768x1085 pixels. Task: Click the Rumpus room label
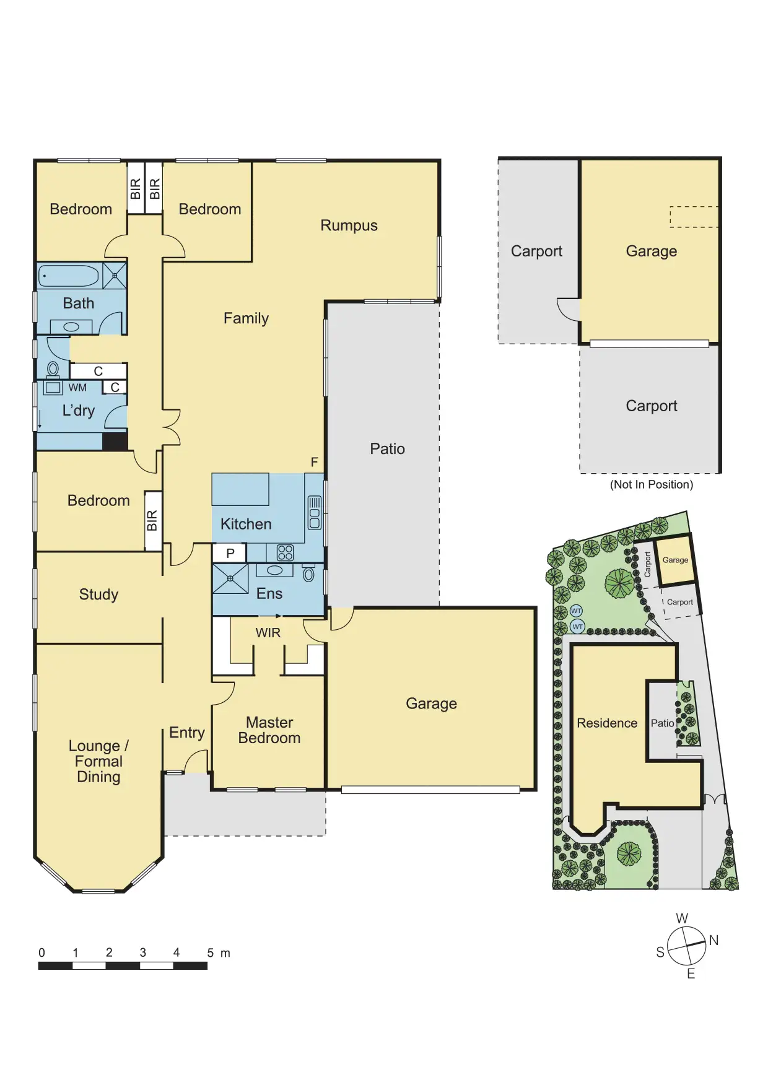pos(349,226)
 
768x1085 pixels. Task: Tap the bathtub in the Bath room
pos(69,276)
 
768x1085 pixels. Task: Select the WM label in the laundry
pos(77,388)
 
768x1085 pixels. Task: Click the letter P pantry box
pos(230,554)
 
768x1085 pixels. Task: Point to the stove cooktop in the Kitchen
pos(285,552)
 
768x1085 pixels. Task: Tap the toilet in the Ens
pos(308,573)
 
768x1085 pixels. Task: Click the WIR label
pos(268,633)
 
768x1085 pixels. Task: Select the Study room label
pos(98,595)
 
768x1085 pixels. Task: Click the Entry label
pos(187,733)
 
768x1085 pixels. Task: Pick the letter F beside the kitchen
pos(315,462)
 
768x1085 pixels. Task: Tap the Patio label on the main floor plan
pos(387,449)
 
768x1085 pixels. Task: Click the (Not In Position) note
pos(652,485)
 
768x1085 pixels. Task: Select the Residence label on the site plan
pos(607,723)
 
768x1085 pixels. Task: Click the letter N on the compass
pos(713,941)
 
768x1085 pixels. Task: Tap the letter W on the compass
pos(682,918)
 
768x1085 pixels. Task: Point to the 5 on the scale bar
pos(211,952)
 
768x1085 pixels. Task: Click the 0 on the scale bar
pos(41,952)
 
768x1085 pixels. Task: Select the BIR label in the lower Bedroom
pos(152,521)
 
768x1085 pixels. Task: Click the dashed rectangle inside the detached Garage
pos(694,217)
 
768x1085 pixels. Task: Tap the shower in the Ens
pos(230,578)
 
